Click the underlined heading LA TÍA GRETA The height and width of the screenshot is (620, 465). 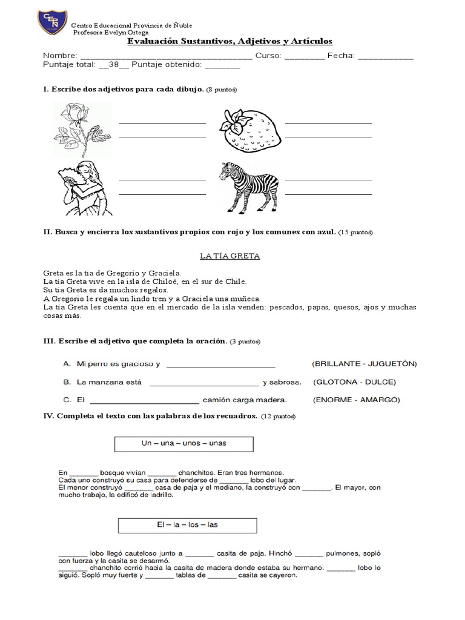(x=230, y=256)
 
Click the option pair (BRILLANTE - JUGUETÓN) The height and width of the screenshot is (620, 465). (x=364, y=364)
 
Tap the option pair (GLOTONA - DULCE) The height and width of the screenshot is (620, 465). (x=354, y=382)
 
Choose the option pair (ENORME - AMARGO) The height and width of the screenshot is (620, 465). (x=356, y=400)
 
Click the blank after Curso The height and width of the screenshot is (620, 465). (x=303, y=57)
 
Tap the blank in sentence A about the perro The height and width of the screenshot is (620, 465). (x=220, y=364)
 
